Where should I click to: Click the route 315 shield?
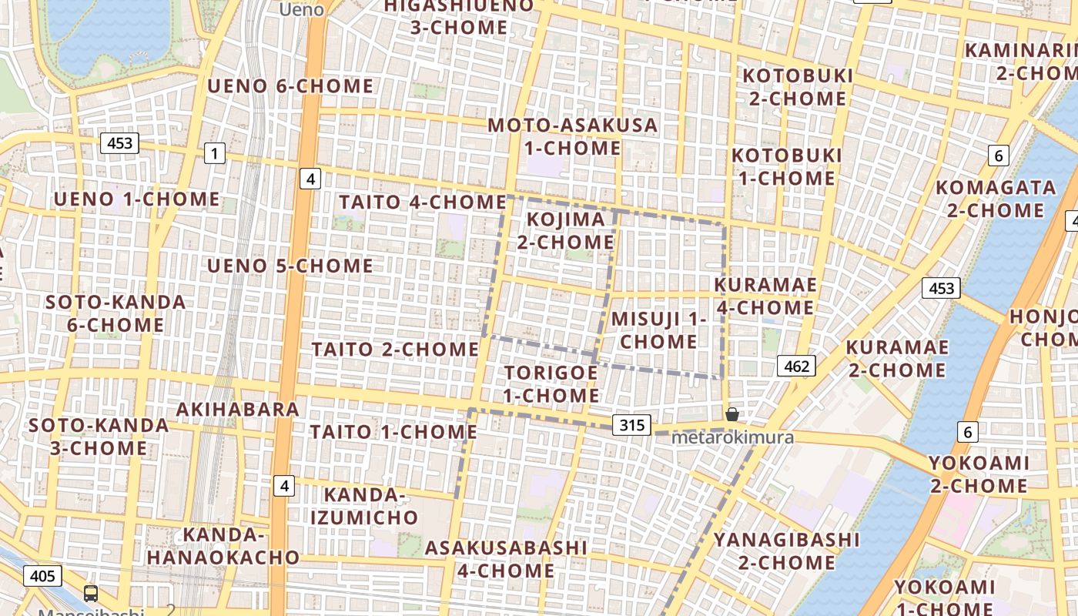pos(632,424)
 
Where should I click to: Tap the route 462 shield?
pos(795,366)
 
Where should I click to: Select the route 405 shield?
pos(42,575)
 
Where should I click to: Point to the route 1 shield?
pos(214,153)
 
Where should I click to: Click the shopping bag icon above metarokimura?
pos(731,414)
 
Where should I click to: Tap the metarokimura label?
pos(731,437)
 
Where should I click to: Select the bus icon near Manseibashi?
pos(91,593)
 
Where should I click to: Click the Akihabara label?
pos(238,409)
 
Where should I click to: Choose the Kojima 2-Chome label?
pos(565,230)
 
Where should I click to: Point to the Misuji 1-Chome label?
pos(658,330)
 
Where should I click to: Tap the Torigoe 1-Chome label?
pos(551,383)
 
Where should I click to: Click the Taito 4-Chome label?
pos(423,202)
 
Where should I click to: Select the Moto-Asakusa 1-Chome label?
pos(573,136)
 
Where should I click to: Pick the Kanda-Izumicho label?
pos(364,505)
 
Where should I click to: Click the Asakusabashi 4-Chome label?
pos(506,559)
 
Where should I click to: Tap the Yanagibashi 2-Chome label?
pos(786,551)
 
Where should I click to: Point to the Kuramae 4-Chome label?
pos(765,296)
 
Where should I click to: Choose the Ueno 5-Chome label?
pos(290,266)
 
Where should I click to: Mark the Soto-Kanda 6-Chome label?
pos(115,313)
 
